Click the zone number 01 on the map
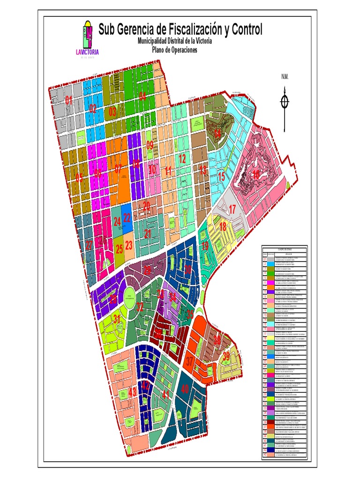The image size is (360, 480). coord(69,100)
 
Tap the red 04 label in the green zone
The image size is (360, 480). coord(142,97)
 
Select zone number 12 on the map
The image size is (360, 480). coord(182,159)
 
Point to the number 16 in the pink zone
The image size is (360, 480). coord(255,174)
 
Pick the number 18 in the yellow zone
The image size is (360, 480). coord(223,227)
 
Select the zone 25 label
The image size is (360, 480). coord(119,249)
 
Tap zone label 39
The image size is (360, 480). coord(226,356)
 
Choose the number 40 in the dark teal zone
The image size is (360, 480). coord(185,389)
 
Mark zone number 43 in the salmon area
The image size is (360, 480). coord(133,391)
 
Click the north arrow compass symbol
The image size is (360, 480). coord(285,102)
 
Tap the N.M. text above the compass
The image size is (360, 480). coord(284,76)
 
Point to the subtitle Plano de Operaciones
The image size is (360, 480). coord(174,50)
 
